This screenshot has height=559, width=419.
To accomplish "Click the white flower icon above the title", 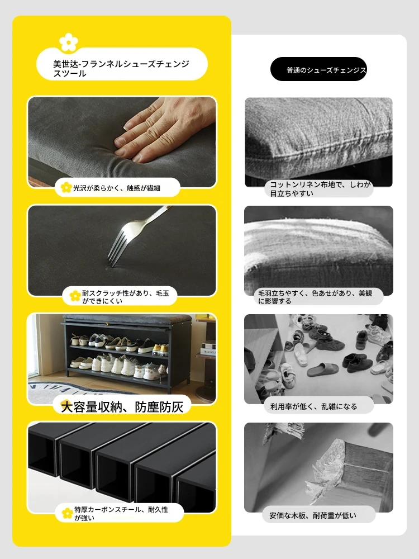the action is [x=68, y=42].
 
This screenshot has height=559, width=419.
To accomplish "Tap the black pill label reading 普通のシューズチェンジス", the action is [x=318, y=69].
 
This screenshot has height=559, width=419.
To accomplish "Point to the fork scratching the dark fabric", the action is [x=137, y=235].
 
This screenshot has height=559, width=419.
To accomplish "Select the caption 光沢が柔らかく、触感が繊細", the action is [x=117, y=188].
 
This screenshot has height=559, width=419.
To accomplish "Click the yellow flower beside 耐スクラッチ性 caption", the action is [x=75, y=296].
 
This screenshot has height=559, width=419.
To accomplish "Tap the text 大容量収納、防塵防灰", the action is [x=122, y=407].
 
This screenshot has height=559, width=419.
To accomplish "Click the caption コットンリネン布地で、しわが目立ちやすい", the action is [x=320, y=189].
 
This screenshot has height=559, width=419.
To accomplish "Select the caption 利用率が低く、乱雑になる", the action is [x=313, y=406].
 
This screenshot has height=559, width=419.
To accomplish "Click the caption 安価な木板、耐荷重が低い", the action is [x=312, y=515].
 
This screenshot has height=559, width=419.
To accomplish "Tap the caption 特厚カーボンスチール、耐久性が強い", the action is [x=121, y=513].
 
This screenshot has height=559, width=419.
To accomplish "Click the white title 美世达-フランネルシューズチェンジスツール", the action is [x=121, y=68].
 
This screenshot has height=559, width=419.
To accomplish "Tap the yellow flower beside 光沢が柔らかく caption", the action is [x=66, y=187].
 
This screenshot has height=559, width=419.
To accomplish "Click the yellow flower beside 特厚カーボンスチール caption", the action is [x=67, y=513].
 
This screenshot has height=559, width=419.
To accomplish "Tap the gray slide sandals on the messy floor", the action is [x=322, y=370].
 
